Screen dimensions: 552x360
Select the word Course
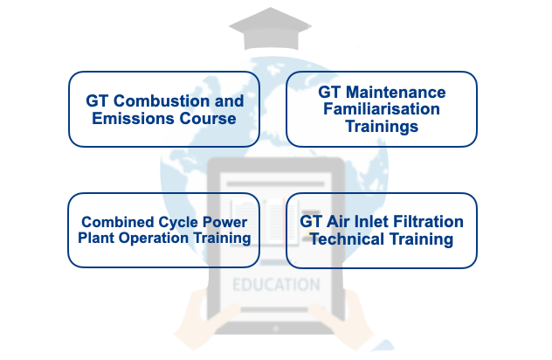click(x=208, y=118)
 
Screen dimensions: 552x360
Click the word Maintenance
click(x=396, y=93)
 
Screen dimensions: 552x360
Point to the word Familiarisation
click(x=382, y=109)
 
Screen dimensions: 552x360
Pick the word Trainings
click(x=382, y=127)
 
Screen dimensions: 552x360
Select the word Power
click(x=225, y=222)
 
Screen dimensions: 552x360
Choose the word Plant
click(x=96, y=238)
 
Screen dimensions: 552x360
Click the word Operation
click(x=154, y=239)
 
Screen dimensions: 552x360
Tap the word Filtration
click(x=428, y=222)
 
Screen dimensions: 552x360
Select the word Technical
click(x=347, y=239)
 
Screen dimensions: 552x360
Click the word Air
click(x=338, y=222)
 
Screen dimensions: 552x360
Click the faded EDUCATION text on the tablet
click(x=276, y=285)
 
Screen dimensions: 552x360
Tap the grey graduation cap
click(x=271, y=29)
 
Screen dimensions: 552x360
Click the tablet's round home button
click(x=276, y=329)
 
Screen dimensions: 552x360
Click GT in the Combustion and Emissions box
click(x=97, y=101)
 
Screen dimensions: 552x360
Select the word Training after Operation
click(x=222, y=239)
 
